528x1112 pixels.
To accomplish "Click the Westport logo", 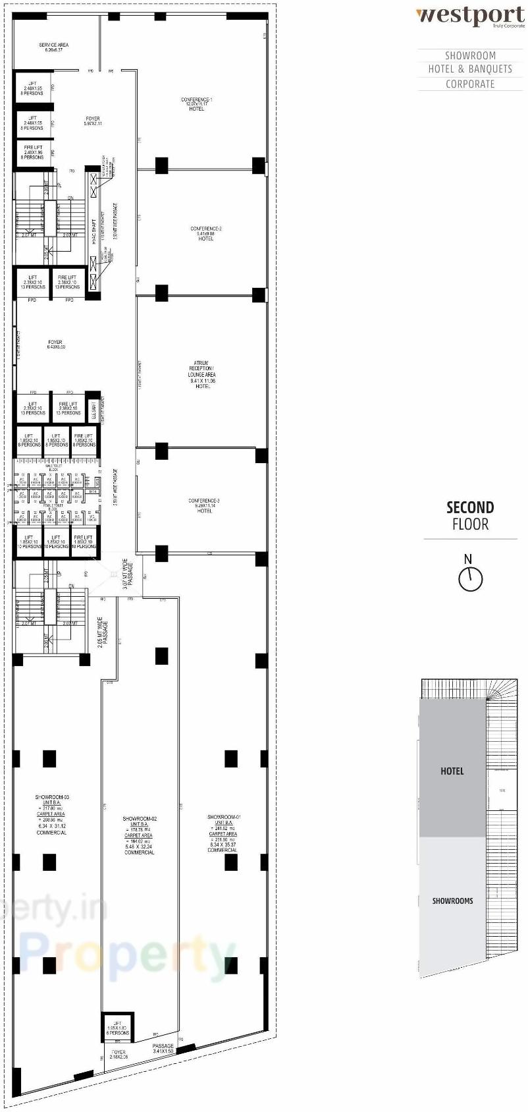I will click(470, 15).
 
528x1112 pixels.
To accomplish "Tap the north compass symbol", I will click(470, 579).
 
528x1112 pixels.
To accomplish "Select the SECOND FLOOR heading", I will click(470, 516).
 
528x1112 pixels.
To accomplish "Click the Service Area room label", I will click(53, 47).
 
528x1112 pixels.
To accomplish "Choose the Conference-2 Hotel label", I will click(206, 234).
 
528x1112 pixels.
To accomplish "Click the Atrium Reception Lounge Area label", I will click(201, 374).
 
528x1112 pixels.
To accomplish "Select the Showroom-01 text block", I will click(223, 833).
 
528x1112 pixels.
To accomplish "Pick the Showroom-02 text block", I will click(139, 835).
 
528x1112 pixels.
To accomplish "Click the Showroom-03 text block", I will click(51, 815).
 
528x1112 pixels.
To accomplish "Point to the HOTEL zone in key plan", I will click(452, 771).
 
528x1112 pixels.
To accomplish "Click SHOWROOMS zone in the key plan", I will click(452, 901).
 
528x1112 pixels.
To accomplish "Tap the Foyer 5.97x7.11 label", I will click(92, 121).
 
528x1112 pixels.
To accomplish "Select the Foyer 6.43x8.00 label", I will click(55, 345).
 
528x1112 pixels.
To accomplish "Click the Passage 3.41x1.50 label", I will click(163, 1049).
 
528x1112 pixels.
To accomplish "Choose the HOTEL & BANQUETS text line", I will click(470, 69).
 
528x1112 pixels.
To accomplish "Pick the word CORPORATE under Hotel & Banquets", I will click(470, 84).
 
